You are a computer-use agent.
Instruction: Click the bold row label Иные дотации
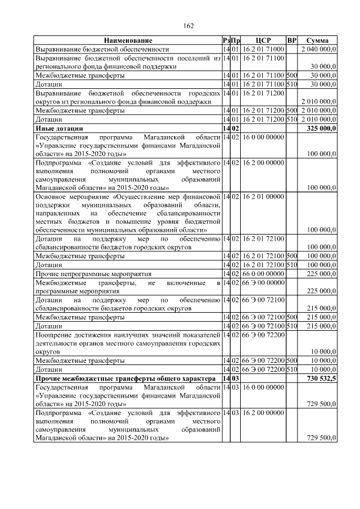coord(56,128)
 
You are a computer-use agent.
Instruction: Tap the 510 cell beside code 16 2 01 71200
coord(291,120)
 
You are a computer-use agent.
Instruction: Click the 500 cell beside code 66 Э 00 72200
coord(291,361)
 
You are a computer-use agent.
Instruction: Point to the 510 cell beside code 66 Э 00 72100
coord(291,326)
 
